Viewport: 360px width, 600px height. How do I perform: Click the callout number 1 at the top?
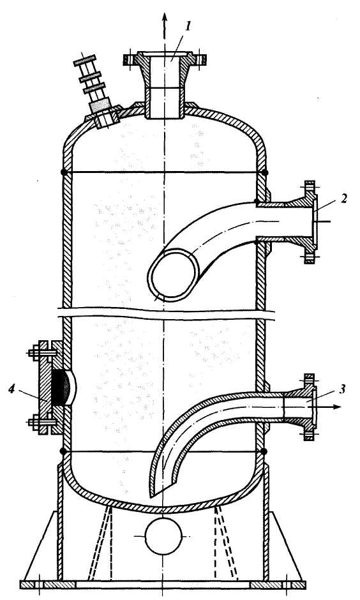coord(188,27)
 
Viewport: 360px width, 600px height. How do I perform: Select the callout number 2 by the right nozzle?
coord(344,199)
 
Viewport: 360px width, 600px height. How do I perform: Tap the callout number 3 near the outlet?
coord(342,389)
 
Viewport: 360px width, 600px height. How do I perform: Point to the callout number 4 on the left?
coord(12,389)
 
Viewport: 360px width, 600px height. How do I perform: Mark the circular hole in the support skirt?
coord(165,536)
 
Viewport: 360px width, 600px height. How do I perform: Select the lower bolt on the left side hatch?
coord(38,423)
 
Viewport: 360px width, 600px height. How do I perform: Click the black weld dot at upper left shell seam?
coord(64,172)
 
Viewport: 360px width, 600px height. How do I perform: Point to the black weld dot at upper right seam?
coord(265,172)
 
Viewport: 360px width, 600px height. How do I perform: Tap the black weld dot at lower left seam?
coord(64,451)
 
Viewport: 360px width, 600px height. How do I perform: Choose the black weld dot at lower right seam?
coord(264,451)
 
